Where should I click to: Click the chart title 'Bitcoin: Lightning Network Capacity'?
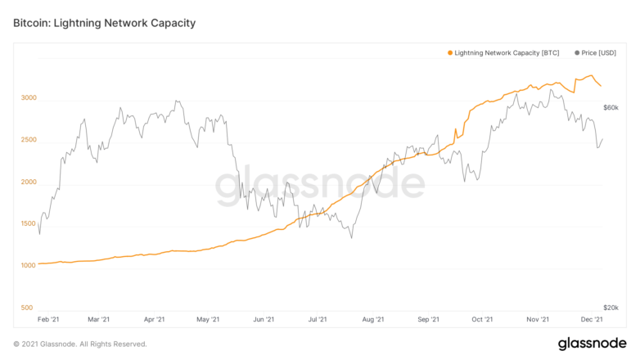click(x=105, y=23)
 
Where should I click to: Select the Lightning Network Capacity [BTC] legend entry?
click(x=503, y=53)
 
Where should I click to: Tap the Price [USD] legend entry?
click(x=595, y=53)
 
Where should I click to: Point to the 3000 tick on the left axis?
click(x=29, y=97)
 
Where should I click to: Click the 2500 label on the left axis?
click(x=29, y=140)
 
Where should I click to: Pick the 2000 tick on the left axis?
click(x=29, y=182)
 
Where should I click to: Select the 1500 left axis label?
click(x=29, y=223)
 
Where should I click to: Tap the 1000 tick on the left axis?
click(x=29, y=266)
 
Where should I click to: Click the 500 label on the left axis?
click(x=27, y=308)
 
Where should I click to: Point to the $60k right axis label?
click(x=611, y=108)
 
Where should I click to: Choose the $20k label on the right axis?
click(x=611, y=308)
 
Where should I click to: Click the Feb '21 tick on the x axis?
click(x=48, y=319)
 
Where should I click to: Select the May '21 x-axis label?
click(x=208, y=319)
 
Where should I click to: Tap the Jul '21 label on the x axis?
click(x=318, y=319)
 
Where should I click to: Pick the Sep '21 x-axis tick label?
click(x=428, y=319)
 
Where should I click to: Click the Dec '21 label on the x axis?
click(x=592, y=319)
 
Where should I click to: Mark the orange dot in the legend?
click(x=450, y=53)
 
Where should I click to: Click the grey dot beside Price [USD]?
click(x=577, y=53)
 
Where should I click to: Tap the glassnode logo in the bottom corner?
click(x=593, y=344)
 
